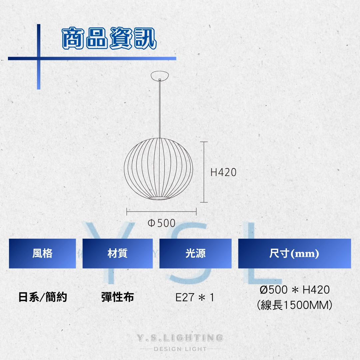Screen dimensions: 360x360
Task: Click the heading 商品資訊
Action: click(109, 38)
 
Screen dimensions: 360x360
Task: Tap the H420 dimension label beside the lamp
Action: click(223, 172)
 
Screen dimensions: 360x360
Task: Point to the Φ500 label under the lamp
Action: click(162, 223)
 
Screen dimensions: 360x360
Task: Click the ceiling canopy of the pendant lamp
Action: click(160, 76)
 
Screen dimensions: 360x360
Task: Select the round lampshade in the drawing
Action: click(158, 169)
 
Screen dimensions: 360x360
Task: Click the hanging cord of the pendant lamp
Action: click(160, 109)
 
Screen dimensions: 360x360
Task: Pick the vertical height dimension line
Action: click(204, 172)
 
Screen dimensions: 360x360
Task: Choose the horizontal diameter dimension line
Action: click(161, 211)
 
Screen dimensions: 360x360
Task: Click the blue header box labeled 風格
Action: click(42, 253)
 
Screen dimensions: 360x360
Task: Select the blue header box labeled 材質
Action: click(118, 253)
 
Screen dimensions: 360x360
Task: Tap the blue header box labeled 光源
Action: click(195, 253)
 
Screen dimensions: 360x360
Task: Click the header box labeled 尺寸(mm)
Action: click(295, 253)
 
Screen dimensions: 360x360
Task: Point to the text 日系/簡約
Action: click(43, 297)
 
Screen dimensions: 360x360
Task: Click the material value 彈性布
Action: click(118, 297)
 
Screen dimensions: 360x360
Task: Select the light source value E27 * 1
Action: click(195, 298)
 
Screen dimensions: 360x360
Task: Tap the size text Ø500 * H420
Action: click(295, 290)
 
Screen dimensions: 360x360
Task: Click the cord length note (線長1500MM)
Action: click(295, 305)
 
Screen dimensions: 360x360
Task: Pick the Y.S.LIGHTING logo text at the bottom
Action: click(180, 338)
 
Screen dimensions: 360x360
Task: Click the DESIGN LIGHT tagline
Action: click(180, 349)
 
